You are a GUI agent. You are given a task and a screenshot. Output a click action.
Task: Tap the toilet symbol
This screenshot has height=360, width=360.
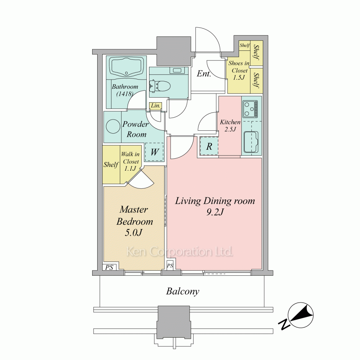click(160, 86)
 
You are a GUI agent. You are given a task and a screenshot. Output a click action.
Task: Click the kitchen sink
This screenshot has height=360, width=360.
click(251, 142)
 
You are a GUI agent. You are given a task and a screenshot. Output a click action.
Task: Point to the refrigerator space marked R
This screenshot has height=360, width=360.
click(209, 146)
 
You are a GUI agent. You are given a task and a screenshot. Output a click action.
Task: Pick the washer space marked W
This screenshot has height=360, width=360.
click(154, 152)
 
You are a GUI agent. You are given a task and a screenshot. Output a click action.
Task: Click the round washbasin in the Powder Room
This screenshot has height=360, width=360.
click(113, 126)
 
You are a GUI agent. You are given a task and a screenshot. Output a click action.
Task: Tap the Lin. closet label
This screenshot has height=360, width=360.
click(156, 105)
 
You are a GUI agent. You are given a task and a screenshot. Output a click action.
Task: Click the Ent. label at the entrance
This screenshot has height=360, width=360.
click(204, 73)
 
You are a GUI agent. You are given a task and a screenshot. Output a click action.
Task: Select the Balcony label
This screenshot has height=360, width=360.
click(183, 291)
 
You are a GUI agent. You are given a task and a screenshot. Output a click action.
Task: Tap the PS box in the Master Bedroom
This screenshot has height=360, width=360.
click(109, 267)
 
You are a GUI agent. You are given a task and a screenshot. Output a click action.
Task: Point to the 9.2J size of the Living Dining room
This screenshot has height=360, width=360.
click(215, 212)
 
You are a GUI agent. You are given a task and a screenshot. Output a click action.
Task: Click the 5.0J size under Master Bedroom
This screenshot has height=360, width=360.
click(134, 233)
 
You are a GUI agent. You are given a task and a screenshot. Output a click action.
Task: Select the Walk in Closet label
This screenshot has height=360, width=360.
click(130, 161)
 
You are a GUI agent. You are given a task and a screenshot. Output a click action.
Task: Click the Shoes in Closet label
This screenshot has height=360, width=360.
click(239, 70)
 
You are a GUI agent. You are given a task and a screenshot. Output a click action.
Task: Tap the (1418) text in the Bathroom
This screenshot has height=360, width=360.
click(125, 94)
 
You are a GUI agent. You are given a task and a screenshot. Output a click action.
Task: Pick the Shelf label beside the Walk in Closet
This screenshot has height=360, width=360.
click(111, 165)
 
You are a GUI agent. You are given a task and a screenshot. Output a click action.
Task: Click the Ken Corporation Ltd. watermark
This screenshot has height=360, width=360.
click(180, 252)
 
